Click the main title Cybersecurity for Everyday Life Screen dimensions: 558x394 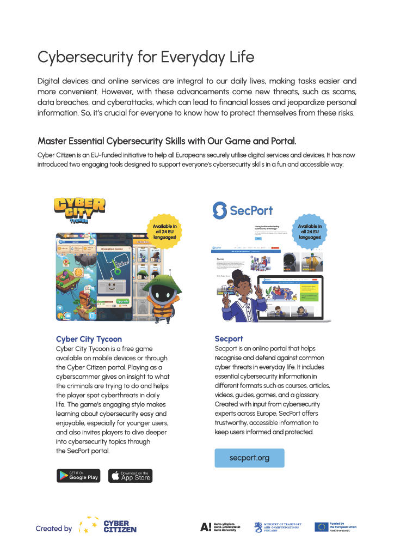146,57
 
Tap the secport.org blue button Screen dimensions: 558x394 249,458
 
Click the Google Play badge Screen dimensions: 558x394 78,476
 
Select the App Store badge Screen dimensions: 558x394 130,476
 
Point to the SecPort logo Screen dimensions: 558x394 242,210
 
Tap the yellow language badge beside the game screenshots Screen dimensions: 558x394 164,231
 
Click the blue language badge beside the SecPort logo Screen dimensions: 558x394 310,231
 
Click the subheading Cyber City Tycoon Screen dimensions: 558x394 89,339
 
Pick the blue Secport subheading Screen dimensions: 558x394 229,339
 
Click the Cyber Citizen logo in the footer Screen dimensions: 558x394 108,526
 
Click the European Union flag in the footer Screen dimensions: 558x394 321,527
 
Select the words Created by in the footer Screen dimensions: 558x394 53,529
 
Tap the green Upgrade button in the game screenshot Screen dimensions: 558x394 122,301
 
